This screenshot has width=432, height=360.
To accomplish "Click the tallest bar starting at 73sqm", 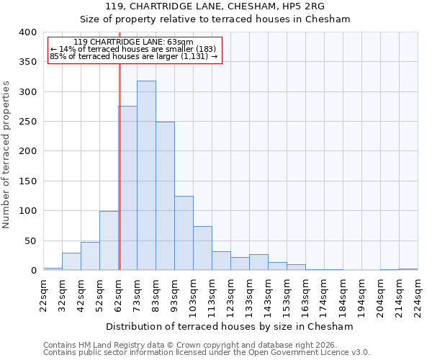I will pos(146,176).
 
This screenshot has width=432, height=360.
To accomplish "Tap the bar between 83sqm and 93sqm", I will pos(165,196).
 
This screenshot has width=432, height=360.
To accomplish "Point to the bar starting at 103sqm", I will pos(202,248).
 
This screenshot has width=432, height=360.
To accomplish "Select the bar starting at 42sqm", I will pos(90,256).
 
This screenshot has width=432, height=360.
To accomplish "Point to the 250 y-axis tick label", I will pos(27,122).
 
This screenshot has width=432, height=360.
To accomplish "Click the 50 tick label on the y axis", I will pos(30,240).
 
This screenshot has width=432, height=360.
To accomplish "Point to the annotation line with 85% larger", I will pos(133,56).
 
